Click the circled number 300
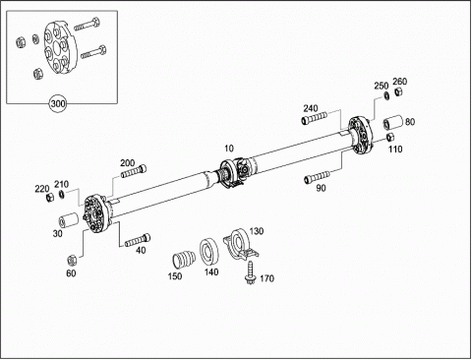tap(58, 104)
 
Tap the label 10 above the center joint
tap(229, 149)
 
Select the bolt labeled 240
tap(314, 118)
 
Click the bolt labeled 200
tap(134, 171)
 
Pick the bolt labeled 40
tap(138, 240)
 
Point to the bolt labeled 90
tap(318, 177)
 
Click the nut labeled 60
tap(72, 260)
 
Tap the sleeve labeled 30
tap(68, 220)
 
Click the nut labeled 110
tap(390, 137)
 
